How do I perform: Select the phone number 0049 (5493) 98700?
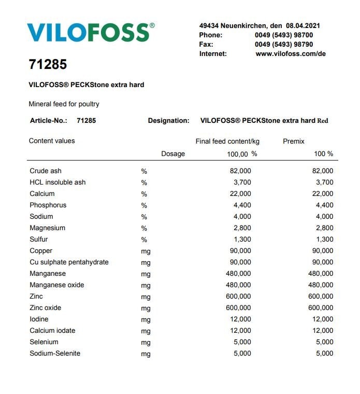click(284, 35)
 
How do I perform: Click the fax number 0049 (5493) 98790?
click(284, 44)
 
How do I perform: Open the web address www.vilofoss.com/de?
click(291, 53)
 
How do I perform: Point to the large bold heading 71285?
click(48, 65)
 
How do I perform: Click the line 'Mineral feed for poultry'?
click(64, 104)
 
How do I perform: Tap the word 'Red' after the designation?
click(323, 121)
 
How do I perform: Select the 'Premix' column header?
click(294, 141)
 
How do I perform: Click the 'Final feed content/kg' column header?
click(227, 141)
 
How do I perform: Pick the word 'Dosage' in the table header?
click(173, 154)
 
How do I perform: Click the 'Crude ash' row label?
click(46, 171)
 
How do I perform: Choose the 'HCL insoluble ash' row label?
click(57, 182)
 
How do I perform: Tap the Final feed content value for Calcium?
click(240, 193)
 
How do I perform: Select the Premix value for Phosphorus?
click(323, 205)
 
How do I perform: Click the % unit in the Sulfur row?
click(144, 240)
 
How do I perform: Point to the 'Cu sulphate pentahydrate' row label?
click(69, 262)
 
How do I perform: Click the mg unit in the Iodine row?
click(146, 319)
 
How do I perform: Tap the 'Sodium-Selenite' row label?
click(55, 353)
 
